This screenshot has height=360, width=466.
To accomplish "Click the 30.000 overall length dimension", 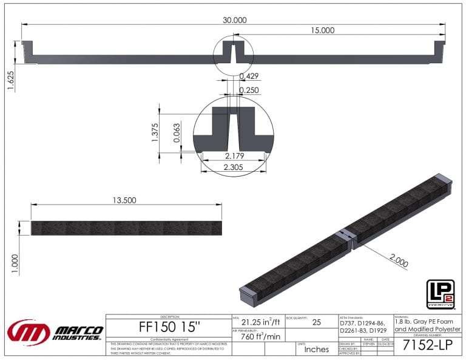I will [234, 20].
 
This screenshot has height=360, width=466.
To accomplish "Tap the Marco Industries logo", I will [55, 332].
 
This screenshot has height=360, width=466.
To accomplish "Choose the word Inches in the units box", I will [316, 349].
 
